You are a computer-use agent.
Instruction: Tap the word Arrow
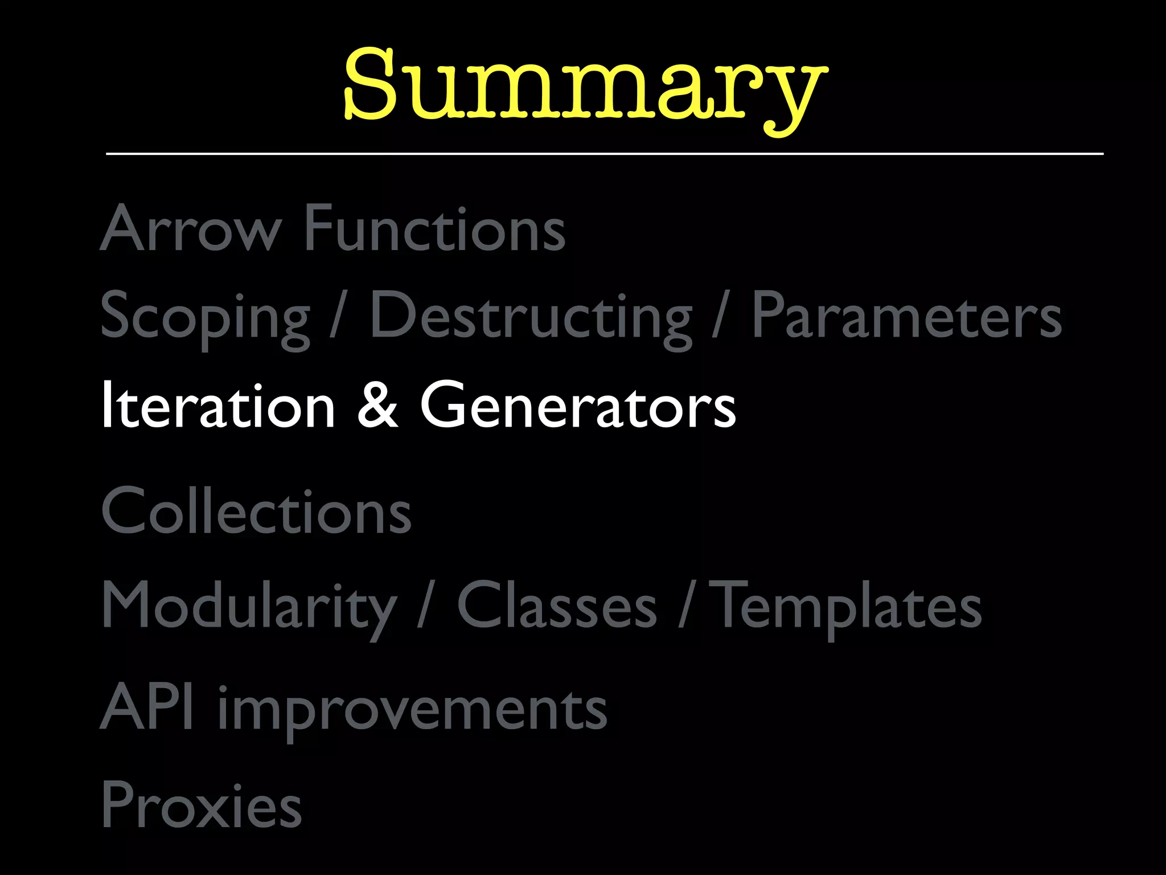[191, 228]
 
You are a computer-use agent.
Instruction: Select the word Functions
[435, 228]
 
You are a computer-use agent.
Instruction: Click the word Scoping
[206, 317]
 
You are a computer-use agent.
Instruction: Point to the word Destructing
[531, 317]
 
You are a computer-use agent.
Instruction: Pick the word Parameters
[907, 316]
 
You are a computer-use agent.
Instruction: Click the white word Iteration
[218, 405]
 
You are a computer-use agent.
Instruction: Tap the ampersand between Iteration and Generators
[377, 405]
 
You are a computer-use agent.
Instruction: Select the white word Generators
[578, 405]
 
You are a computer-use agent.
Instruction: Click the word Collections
[256, 511]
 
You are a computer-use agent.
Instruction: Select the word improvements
[413, 709]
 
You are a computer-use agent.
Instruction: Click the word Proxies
[201, 804]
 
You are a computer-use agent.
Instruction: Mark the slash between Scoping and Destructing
[338, 316]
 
